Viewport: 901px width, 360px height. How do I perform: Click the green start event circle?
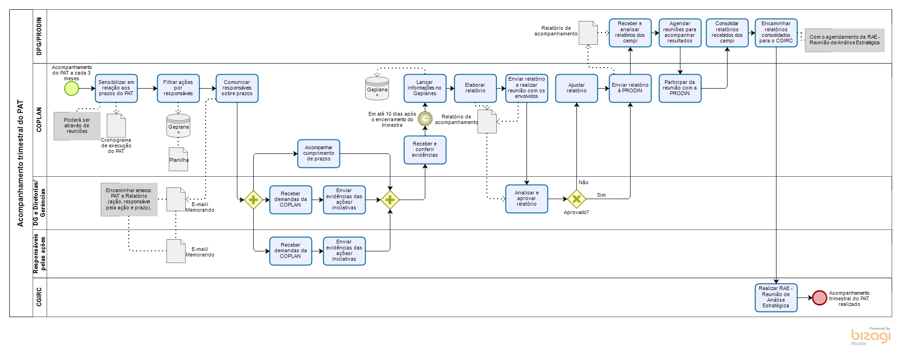coord(71,89)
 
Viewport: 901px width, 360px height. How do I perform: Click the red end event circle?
coord(819,298)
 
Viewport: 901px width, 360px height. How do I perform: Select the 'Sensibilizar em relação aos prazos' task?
coord(116,88)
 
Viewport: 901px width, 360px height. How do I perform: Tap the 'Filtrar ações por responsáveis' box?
coord(178,88)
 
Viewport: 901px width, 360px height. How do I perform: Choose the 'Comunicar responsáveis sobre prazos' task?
coord(237,88)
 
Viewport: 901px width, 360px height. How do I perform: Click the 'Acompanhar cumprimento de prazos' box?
coord(319,153)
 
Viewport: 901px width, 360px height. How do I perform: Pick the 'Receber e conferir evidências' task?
coord(425,150)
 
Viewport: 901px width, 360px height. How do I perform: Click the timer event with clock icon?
coord(425,119)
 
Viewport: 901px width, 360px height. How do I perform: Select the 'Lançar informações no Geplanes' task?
coord(425,88)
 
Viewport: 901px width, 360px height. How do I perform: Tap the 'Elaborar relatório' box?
coord(475,88)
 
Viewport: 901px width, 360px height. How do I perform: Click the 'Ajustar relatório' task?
coord(576,88)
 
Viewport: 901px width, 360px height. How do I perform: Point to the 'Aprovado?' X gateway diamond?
coord(576,199)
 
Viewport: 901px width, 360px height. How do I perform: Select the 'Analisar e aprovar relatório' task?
coord(527,199)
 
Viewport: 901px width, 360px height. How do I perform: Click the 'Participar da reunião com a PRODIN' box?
coord(680,88)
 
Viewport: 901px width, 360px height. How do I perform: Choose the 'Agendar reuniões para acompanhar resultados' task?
coord(680,33)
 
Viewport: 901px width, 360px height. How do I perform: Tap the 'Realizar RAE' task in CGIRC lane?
coord(776,298)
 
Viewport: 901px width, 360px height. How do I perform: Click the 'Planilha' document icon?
coord(179,159)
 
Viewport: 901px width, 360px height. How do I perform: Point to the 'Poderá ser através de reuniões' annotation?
coord(77,126)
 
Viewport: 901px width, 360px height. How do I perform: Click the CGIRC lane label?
coord(39,297)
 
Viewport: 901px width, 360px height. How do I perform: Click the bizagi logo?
coord(870,336)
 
